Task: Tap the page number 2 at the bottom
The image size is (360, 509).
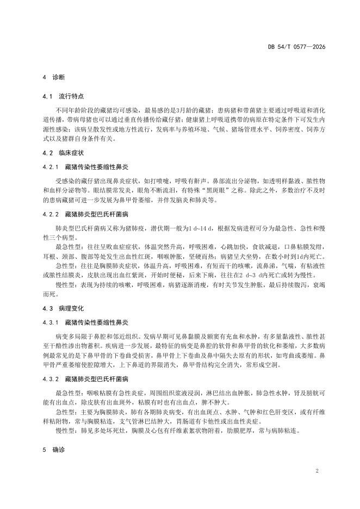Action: [x=316, y=470]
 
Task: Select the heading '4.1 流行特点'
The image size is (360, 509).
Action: [x=63, y=96]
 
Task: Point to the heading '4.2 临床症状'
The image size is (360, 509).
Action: [x=63, y=152]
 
